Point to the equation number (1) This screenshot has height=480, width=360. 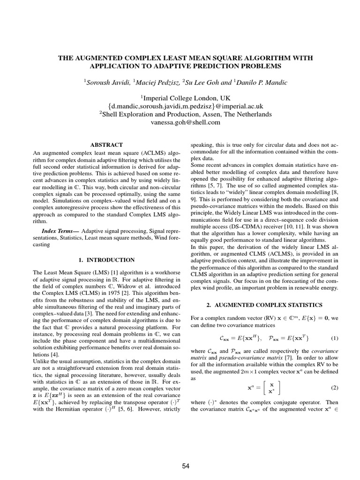pos(334,338)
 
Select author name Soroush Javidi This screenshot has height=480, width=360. pos(107,82)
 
